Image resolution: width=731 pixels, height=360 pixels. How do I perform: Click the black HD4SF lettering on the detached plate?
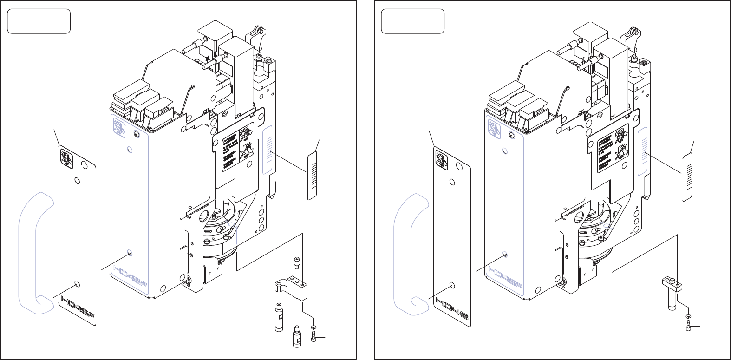77,307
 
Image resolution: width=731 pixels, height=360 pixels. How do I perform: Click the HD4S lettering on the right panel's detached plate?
451,309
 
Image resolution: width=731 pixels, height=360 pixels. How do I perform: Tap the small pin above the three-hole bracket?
296,263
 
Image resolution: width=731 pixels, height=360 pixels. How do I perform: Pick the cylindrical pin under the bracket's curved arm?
279,317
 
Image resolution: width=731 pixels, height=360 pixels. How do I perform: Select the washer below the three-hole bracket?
313,328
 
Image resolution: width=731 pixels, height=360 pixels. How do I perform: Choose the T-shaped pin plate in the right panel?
670,290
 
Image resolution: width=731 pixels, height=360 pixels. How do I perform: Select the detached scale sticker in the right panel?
686,177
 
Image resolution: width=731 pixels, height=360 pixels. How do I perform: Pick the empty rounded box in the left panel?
39,21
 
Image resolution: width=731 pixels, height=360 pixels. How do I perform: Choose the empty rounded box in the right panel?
412,21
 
